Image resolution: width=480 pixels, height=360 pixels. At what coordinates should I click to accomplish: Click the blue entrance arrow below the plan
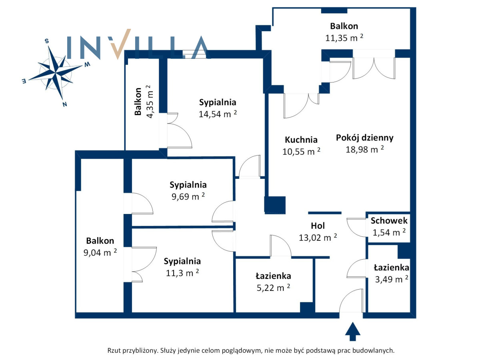click(352, 331)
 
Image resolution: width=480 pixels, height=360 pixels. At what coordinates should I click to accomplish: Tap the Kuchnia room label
click(301, 140)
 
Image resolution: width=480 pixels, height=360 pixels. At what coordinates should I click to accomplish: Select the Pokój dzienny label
click(364, 138)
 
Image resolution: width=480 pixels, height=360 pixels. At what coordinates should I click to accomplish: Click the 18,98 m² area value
click(364, 150)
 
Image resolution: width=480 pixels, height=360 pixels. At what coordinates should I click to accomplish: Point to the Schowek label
click(389, 220)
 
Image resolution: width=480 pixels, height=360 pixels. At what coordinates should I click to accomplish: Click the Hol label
click(318, 226)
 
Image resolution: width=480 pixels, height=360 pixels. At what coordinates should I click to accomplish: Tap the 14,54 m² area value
click(218, 114)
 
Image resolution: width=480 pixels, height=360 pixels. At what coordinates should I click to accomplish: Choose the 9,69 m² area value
click(188, 196)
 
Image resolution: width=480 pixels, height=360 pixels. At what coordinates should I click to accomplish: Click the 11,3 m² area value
click(182, 273)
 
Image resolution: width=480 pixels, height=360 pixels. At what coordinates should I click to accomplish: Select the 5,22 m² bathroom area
click(273, 288)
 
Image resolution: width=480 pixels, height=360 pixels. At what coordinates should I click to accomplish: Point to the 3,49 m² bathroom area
click(392, 279)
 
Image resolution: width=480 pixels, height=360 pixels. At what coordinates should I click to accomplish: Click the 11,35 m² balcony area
click(344, 38)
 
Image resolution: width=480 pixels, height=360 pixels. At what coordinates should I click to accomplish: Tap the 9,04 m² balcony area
click(100, 252)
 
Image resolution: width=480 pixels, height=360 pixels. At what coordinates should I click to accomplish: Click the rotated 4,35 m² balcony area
click(150, 102)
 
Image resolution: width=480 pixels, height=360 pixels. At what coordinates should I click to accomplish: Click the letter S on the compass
click(47, 41)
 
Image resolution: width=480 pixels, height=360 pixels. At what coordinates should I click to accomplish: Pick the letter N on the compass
click(65, 104)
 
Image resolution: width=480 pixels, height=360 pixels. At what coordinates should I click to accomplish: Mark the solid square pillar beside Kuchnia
click(275, 205)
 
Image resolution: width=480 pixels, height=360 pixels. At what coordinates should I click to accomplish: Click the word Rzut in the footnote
click(114, 350)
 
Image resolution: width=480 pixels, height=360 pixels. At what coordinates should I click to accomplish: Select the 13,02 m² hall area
click(318, 237)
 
